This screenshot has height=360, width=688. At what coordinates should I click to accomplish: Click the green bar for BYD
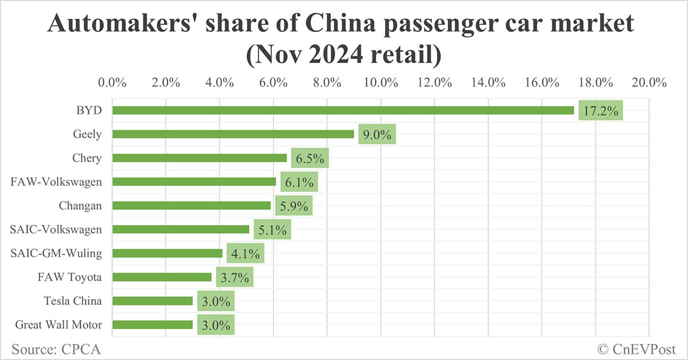(343, 110)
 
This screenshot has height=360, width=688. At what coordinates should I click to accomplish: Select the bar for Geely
(233, 134)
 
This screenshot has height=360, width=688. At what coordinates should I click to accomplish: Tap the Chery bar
(200, 158)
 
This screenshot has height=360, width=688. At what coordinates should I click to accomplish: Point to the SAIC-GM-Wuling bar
(167, 253)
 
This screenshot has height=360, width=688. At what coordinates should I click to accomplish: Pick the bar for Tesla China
(153, 300)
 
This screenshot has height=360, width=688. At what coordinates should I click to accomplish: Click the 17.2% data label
(600, 110)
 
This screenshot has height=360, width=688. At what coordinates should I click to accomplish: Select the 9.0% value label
(377, 135)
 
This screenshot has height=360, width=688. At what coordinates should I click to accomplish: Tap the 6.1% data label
(299, 182)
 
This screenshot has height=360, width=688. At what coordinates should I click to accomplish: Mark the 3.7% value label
(234, 278)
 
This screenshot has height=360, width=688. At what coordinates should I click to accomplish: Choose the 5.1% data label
(272, 230)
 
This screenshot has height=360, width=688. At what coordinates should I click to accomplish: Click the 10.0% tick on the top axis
(381, 83)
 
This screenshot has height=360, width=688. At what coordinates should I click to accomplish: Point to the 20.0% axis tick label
(649, 83)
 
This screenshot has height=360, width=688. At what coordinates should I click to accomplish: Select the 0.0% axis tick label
(112, 83)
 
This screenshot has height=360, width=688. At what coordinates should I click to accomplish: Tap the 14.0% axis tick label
(488, 83)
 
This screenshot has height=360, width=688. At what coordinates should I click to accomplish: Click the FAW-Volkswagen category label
(56, 182)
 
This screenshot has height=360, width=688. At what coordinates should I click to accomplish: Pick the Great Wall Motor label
(59, 324)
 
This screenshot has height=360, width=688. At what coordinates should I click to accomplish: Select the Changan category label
(80, 205)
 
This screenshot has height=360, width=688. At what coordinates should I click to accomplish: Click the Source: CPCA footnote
(52, 348)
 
